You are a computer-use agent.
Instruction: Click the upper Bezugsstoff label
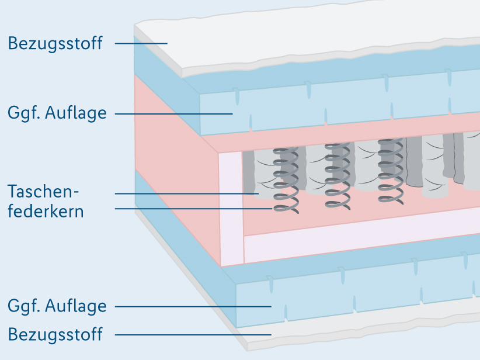pos(55,43)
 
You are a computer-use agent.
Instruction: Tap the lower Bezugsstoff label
pos(55,334)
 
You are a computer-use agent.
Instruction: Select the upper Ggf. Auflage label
pos(57,113)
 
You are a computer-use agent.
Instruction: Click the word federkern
pos(46,211)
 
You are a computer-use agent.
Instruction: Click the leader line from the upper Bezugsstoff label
pos(140,43)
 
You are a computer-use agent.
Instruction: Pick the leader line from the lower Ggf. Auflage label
pos(193,306)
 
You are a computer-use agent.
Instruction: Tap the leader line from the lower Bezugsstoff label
pos(193,334)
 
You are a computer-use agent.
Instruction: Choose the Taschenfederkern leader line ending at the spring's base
pos(193,208)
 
